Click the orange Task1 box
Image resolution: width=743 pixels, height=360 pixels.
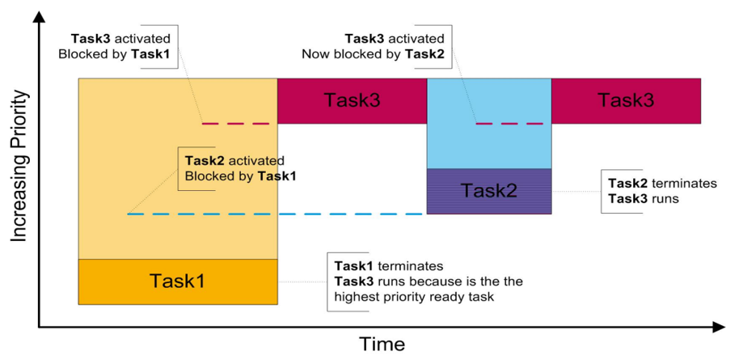point(178,282)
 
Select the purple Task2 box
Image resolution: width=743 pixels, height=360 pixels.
point(488,191)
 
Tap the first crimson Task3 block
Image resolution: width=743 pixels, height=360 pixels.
point(352,100)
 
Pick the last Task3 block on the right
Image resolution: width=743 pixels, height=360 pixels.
point(625,100)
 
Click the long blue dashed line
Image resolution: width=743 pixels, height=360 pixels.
point(275,214)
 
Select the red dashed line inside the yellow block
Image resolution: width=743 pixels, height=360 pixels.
point(239,123)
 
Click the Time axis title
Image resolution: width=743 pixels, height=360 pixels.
point(382,344)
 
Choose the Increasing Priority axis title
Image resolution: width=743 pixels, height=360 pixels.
point(19,167)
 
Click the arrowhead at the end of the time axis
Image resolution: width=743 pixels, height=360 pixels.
point(718,327)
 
